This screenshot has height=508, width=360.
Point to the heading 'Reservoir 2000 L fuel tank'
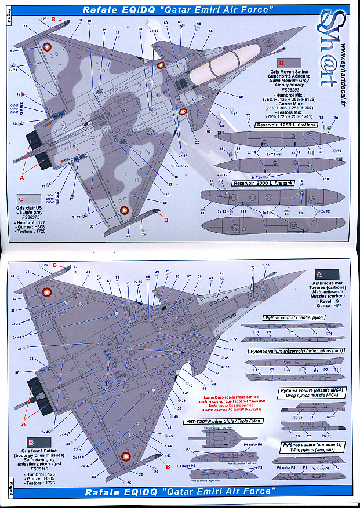click(262, 183)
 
